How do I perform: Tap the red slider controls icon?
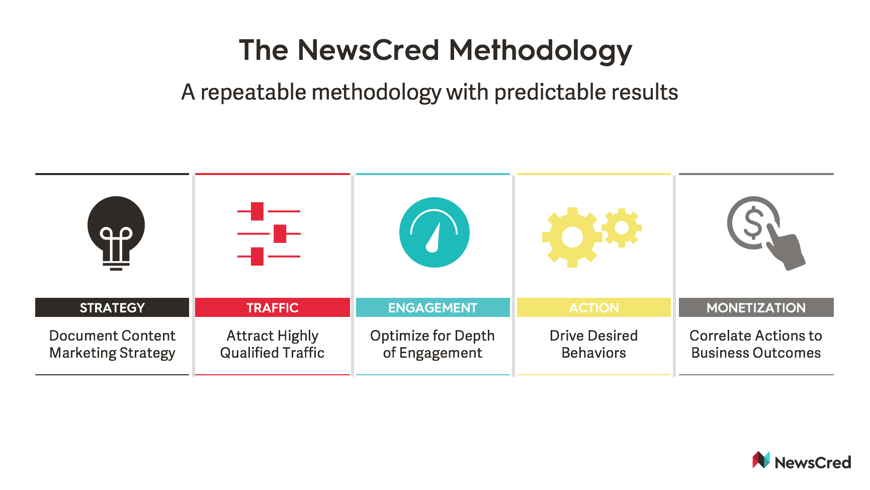click(269, 234)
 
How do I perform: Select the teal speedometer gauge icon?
click(434, 232)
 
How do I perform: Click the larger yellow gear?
click(572, 237)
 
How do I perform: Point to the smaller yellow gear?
click(622, 227)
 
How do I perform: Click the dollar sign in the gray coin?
click(753, 223)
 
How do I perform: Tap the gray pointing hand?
click(784, 250)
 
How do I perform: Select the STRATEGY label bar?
click(112, 307)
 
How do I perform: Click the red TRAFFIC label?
click(273, 307)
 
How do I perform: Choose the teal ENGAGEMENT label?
click(433, 307)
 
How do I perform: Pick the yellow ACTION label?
click(594, 307)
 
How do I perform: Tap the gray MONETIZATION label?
click(756, 307)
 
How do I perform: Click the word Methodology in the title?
click(540, 51)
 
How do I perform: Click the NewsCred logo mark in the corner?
click(761, 460)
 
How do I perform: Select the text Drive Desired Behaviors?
click(594, 344)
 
